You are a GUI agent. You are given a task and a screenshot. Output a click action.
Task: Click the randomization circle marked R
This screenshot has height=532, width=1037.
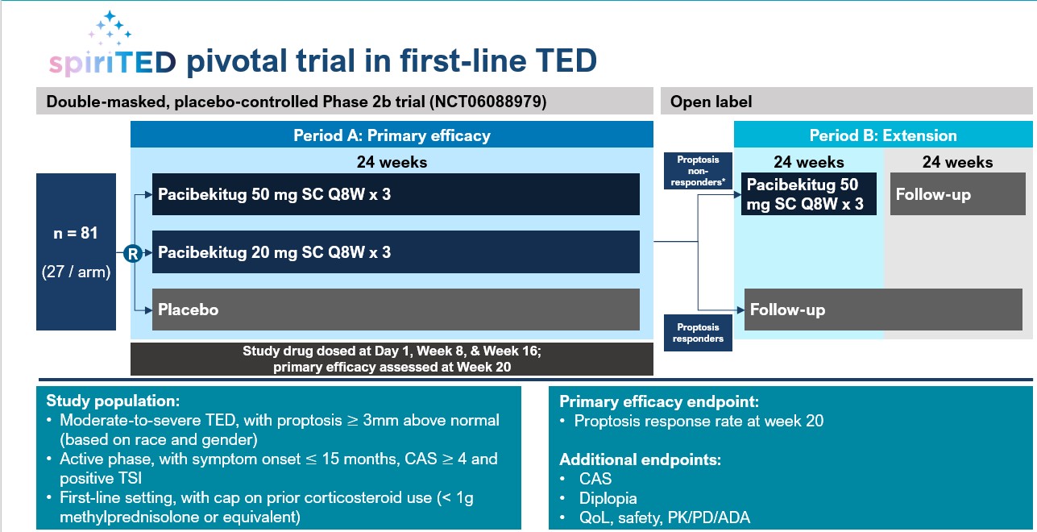tap(134, 252)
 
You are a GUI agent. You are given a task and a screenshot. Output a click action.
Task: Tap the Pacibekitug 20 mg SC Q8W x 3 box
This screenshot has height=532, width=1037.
tap(396, 252)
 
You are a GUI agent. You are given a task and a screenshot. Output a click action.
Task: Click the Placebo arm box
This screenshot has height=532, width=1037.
tap(396, 310)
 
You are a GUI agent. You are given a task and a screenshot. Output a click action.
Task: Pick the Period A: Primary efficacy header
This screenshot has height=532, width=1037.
tap(392, 135)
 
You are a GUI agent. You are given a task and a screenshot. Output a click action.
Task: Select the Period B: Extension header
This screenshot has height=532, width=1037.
tap(882, 135)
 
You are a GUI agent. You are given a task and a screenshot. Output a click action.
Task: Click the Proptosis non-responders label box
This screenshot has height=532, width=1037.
tap(698, 170)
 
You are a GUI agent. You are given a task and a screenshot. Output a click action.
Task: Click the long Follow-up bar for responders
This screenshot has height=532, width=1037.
tap(882, 310)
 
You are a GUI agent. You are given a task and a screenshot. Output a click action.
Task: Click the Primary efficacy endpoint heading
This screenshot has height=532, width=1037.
tap(659, 401)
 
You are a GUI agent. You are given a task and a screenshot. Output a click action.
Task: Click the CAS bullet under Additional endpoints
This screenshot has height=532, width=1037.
tap(594, 480)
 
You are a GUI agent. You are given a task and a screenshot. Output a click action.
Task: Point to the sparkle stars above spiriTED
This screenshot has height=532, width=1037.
tap(110, 28)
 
